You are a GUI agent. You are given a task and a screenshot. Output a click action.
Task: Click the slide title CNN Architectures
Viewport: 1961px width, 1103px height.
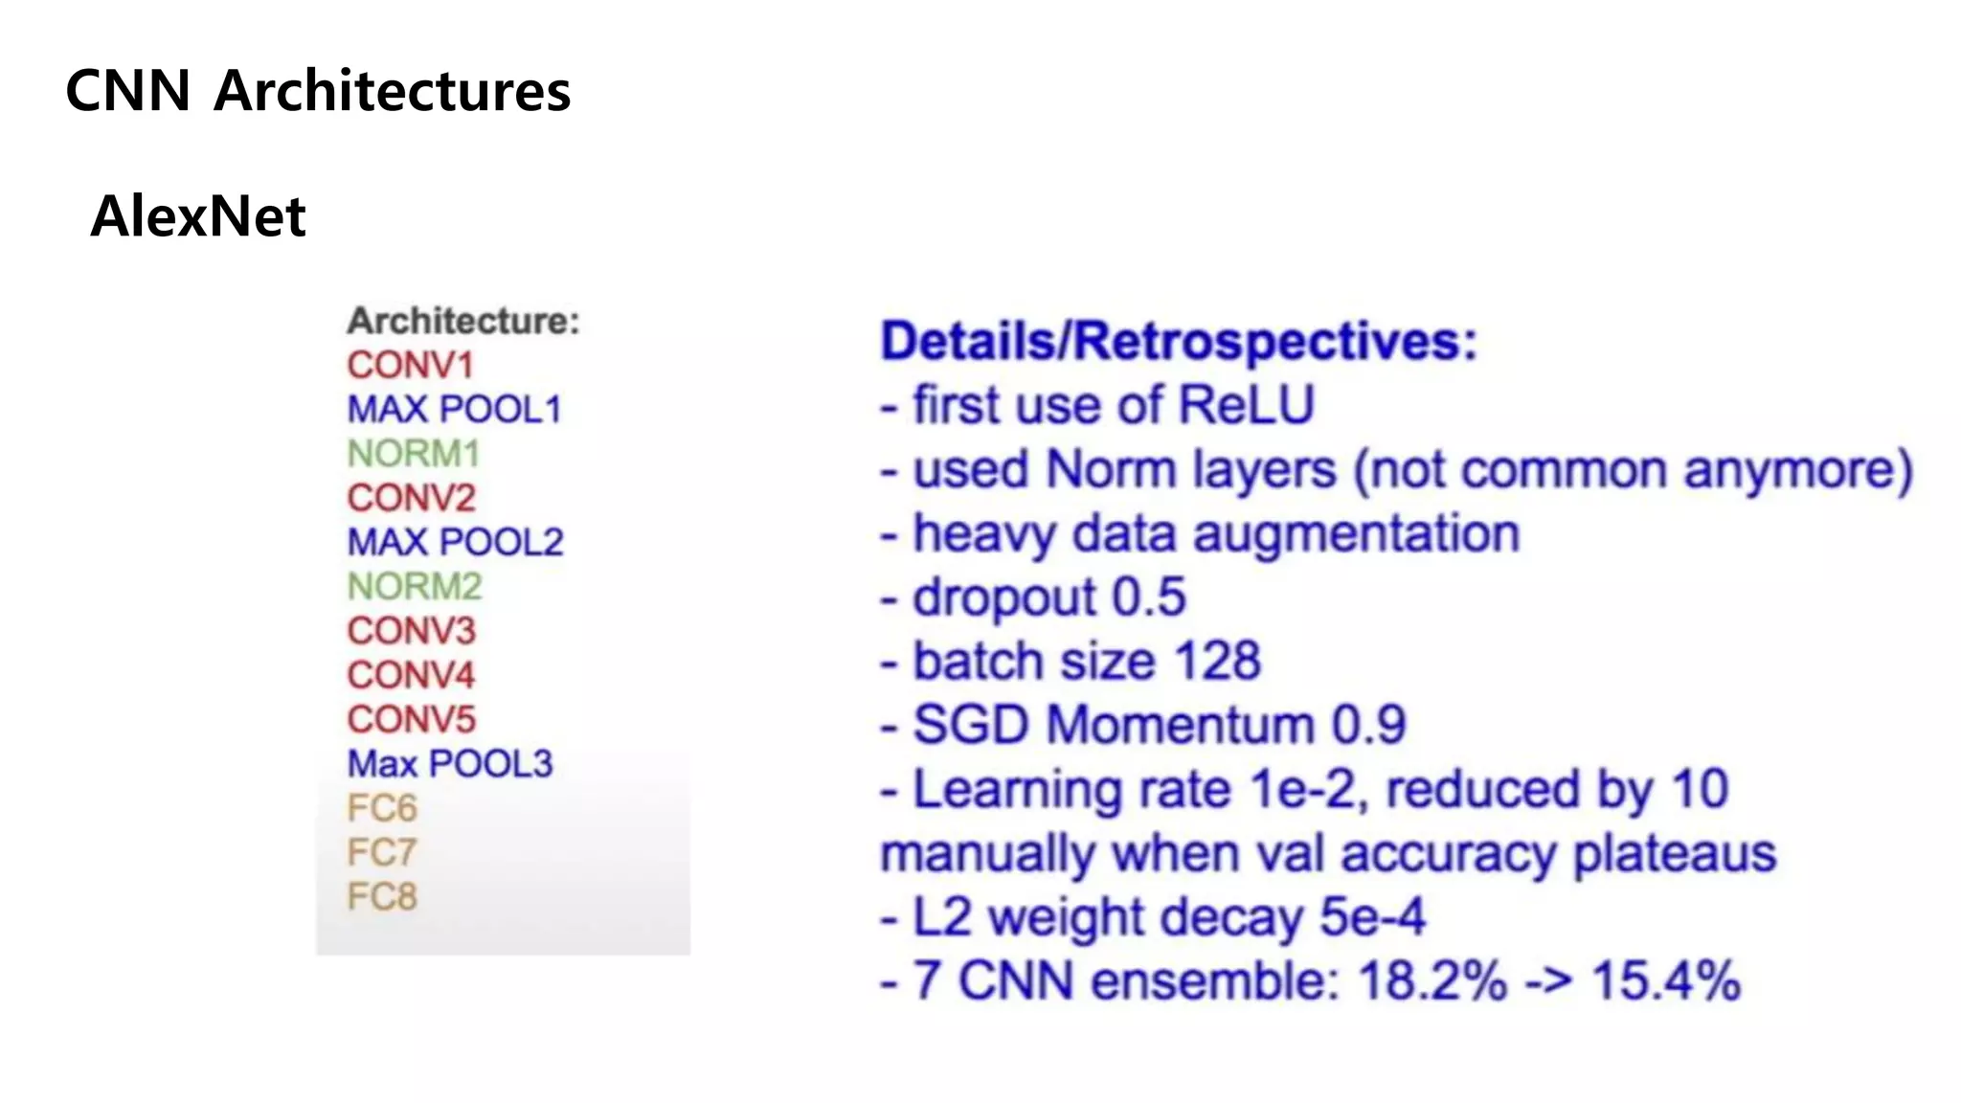(318, 91)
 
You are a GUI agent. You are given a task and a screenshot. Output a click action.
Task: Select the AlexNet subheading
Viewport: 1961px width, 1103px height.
(198, 216)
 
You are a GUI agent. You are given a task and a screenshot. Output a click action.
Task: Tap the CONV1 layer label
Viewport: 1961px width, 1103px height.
(410, 365)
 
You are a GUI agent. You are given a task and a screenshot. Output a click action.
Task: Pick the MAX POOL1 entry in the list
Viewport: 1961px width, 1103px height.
(454, 410)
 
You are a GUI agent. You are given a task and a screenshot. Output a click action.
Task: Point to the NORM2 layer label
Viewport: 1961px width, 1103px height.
(415, 586)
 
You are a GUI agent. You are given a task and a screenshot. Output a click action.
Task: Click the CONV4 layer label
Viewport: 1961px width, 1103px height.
(411, 675)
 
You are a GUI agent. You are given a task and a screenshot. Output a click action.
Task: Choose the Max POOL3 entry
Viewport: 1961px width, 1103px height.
(450, 764)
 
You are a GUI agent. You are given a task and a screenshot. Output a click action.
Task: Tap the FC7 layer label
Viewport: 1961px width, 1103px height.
(382, 852)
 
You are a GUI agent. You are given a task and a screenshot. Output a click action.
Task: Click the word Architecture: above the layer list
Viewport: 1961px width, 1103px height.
(463, 321)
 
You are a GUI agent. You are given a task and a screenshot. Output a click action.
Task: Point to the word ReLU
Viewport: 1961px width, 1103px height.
(1246, 405)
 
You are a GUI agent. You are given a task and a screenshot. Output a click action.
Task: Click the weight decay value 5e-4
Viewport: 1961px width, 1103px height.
(1372, 917)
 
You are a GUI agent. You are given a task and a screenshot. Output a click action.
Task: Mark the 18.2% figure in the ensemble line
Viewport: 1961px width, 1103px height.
(1431, 981)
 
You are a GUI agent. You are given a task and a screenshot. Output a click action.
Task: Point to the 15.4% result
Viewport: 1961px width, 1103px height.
(1665, 981)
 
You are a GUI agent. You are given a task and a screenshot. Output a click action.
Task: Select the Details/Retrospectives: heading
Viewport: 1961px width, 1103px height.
(1179, 342)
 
